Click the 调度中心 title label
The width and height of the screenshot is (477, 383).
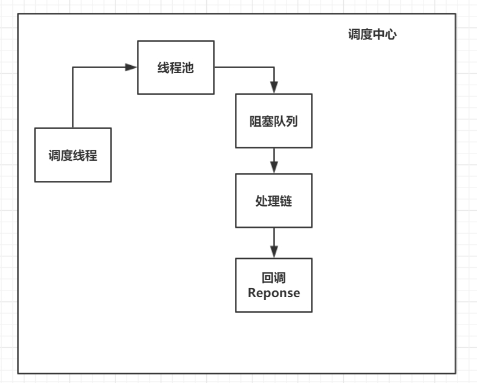(372, 35)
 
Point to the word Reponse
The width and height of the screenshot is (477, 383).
(274, 293)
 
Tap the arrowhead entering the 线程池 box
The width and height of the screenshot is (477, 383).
(131, 67)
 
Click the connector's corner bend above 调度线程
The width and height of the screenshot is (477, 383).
(72, 67)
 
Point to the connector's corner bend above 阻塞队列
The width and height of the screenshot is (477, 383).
(274, 67)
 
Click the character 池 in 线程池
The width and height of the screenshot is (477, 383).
(187, 68)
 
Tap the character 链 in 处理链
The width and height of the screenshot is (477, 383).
(286, 201)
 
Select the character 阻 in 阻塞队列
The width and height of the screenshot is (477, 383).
(256, 121)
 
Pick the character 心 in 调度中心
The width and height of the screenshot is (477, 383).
(390, 35)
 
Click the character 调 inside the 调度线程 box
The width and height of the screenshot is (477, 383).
(55, 155)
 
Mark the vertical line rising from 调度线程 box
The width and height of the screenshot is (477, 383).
(72, 97)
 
